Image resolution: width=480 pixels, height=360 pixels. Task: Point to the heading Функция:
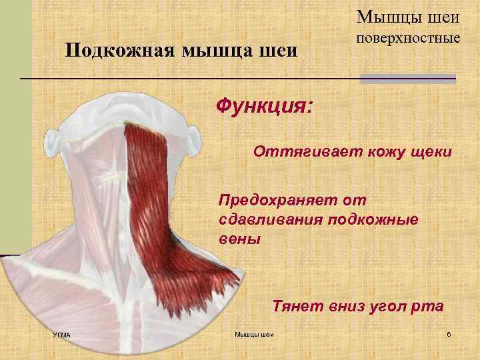[264, 107]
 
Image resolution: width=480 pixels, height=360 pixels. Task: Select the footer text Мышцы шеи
[255, 334]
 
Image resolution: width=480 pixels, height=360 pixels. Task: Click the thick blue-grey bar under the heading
[407, 79]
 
